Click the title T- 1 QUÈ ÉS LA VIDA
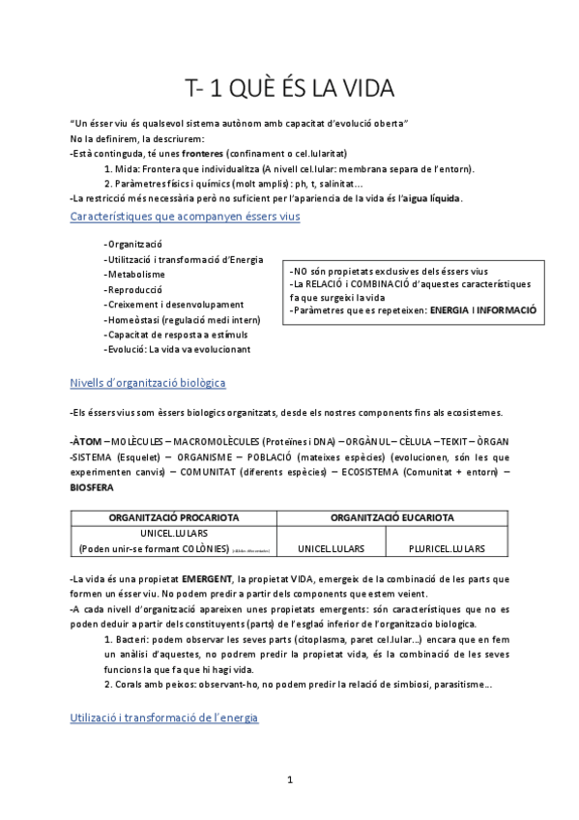[x=290, y=89]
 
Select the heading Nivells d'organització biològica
[x=148, y=383]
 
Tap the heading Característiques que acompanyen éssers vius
[x=186, y=217]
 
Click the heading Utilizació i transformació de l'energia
[x=164, y=718]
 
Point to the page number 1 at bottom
[x=290, y=779]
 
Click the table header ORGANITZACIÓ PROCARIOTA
[x=175, y=517]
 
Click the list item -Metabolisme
[x=135, y=275]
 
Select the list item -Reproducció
[x=135, y=290]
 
